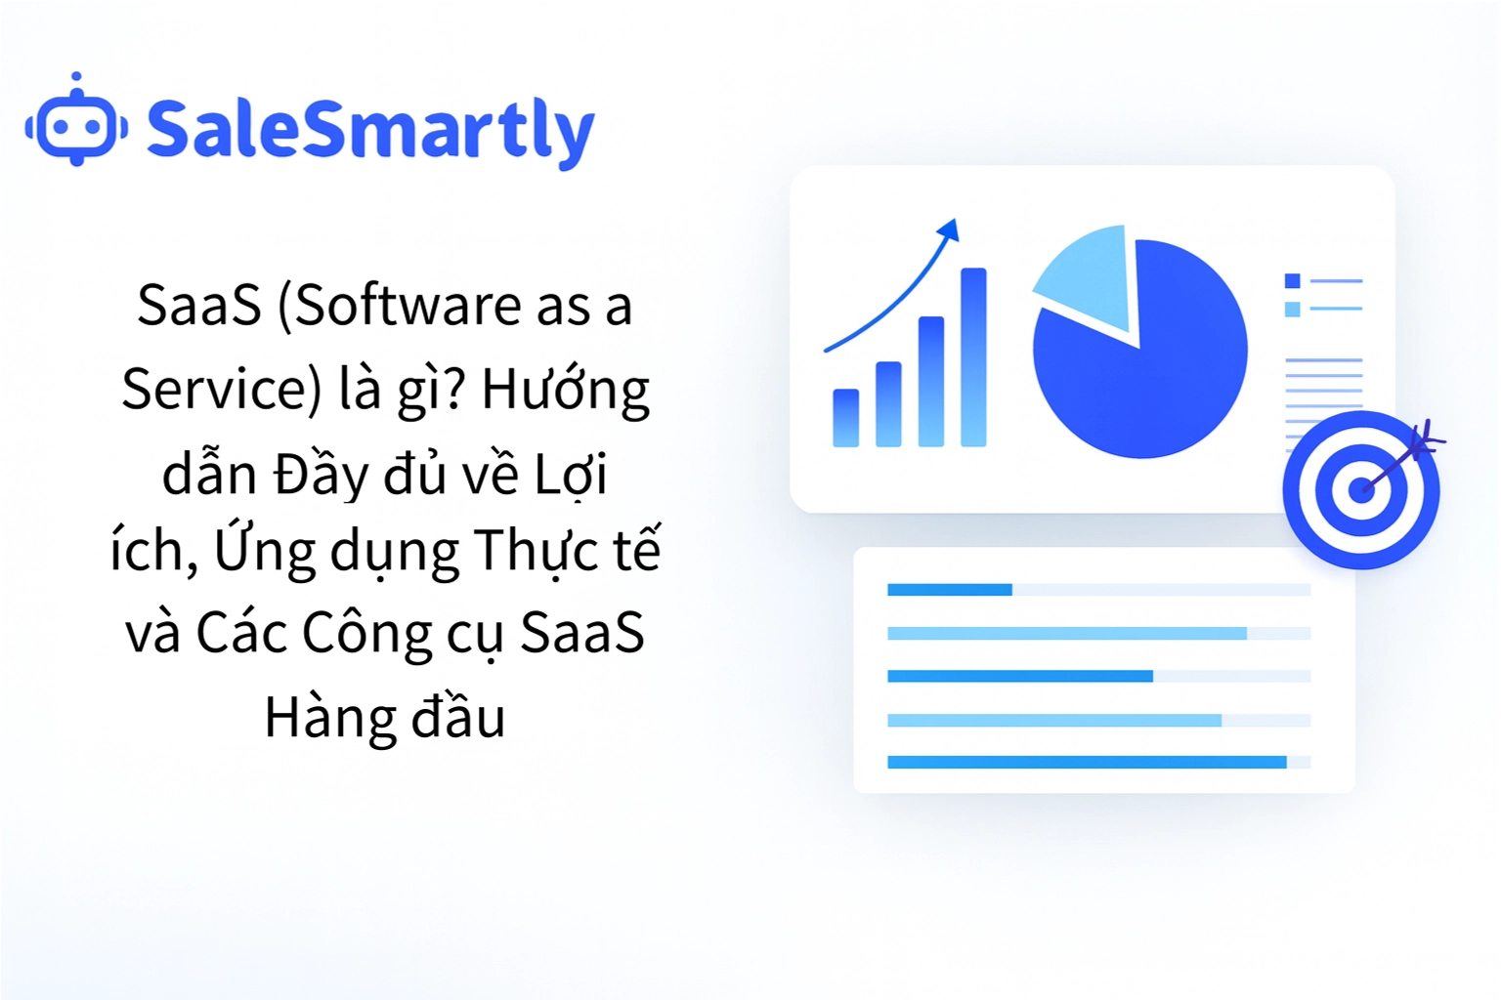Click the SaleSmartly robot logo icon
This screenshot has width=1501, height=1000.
click(x=76, y=124)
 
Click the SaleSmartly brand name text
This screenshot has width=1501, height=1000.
click(x=370, y=130)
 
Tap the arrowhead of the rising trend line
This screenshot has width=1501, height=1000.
click(x=949, y=230)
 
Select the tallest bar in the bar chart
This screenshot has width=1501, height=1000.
click(x=973, y=356)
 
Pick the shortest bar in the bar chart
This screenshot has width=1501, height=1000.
click(x=845, y=418)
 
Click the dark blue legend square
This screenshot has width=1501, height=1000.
click(x=1292, y=281)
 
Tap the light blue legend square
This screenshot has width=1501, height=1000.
click(x=1292, y=310)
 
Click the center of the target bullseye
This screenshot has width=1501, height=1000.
click(x=1360, y=489)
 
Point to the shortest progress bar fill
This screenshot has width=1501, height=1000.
click(x=949, y=590)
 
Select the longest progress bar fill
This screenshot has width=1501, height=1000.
click(x=1086, y=763)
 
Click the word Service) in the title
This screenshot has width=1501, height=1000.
click(x=221, y=390)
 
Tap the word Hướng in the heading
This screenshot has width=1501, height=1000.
click(x=565, y=390)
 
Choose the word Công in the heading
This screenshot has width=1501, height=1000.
click(x=367, y=633)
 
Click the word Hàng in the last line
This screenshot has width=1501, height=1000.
click(x=326, y=718)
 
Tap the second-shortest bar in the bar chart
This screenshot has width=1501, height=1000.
click(x=888, y=404)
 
